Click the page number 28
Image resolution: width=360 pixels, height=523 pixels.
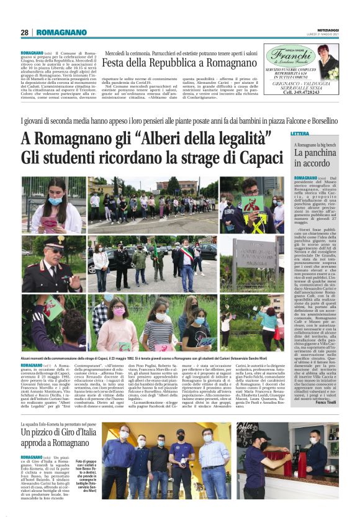(24, 32)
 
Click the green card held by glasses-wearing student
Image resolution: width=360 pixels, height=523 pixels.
(251, 202)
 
